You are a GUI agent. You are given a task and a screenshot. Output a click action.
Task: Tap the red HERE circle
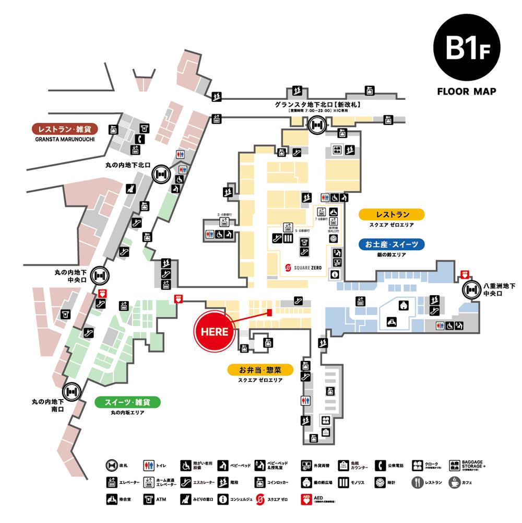tap(214, 331)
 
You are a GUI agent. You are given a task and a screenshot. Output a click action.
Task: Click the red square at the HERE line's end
tap(270, 312)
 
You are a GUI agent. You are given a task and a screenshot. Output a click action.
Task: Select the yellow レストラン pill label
tap(392, 214)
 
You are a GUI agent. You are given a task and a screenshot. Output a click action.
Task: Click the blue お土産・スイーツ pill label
tap(392, 244)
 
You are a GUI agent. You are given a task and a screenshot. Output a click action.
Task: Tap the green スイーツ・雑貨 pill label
tap(127, 402)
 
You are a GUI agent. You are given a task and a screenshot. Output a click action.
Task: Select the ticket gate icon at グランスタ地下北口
tap(316, 124)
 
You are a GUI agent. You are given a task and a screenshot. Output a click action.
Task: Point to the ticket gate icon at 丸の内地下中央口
tap(100, 274)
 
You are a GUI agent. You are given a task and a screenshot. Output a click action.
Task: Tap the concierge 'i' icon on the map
tap(335, 274)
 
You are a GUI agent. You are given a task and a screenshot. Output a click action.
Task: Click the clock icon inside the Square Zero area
tap(333, 238)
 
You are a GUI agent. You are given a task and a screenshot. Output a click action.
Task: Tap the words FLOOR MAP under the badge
tap(466, 91)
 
